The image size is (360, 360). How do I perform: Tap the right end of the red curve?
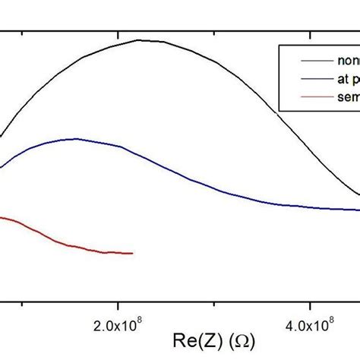pyautogui.click(x=133, y=253)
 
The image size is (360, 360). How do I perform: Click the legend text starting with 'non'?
pyautogui.click(x=346, y=62)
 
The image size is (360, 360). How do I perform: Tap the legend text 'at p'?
pyautogui.click(x=346, y=79)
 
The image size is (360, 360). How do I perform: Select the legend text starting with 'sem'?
pyautogui.click(x=346, y=96)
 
